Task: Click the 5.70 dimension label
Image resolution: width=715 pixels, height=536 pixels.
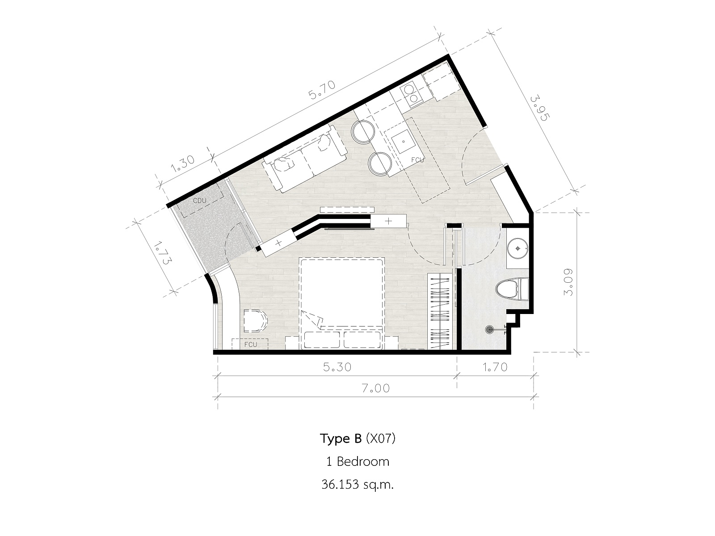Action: pos(322,90)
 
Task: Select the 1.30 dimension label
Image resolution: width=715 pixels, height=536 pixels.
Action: pos(182,163)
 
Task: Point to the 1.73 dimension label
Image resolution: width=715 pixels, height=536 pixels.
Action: pos(162,252)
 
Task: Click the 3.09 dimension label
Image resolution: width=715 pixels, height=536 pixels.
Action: pos(568,282)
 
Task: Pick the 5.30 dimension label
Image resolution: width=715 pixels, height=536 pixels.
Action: pos(337,367)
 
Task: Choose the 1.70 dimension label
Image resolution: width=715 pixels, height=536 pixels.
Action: pos(495,367)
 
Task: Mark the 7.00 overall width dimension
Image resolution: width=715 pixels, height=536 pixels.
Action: pos(375,388)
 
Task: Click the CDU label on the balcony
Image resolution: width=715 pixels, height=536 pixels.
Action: pos(199,201)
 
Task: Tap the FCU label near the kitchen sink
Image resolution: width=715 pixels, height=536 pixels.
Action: pos(417,160)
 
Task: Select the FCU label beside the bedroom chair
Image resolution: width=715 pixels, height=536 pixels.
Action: pos(251,344)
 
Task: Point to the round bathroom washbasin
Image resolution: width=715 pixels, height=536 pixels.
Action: pos(517,249)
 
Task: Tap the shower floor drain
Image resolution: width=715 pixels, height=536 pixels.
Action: pos(489,329)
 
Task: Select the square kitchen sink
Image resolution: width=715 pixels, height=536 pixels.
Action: pos(403,142)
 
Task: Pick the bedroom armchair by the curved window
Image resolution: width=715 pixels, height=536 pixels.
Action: pos(255,321)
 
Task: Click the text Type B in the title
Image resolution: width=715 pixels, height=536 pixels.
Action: pos(341,439)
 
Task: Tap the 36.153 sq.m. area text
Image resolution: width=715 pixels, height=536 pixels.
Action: pos(357,485)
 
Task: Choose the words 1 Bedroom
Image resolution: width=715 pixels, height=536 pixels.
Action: pos(357,461)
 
